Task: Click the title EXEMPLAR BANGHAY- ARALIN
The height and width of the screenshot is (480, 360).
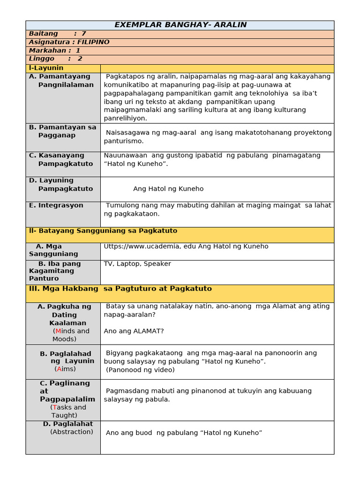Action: coord(180,25)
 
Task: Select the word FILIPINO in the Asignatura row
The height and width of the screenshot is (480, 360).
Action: coord(93,42)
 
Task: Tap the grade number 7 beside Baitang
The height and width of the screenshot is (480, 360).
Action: coord(83,34)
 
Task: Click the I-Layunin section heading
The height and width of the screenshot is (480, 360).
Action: coord(46,68)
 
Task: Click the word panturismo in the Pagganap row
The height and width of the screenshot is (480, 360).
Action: coord(124,141)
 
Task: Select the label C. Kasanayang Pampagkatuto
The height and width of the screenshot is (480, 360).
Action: coord(61,159)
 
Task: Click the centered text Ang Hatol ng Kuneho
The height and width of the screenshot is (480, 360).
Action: coord(168,189)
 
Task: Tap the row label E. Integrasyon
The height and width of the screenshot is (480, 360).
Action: coord(56,205)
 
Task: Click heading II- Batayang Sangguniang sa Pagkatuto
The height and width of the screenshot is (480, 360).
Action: coord(103,231)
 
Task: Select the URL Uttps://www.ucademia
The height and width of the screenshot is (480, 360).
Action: coord(150,247)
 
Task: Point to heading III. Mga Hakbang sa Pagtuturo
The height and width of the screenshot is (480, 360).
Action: coord(120,289)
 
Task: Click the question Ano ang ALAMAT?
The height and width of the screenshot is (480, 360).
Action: coord(134,331)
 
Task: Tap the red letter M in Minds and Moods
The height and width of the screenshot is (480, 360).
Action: coord(58,331)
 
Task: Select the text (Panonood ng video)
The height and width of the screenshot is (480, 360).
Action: coord(140,370)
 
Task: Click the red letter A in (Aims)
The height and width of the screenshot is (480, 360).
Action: coord(59,369)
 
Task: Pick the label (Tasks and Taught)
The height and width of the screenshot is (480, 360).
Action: coord(68,411)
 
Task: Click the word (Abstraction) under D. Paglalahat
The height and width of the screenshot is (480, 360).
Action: coord(71,432)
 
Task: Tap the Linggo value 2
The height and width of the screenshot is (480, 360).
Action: coord(80,59)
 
